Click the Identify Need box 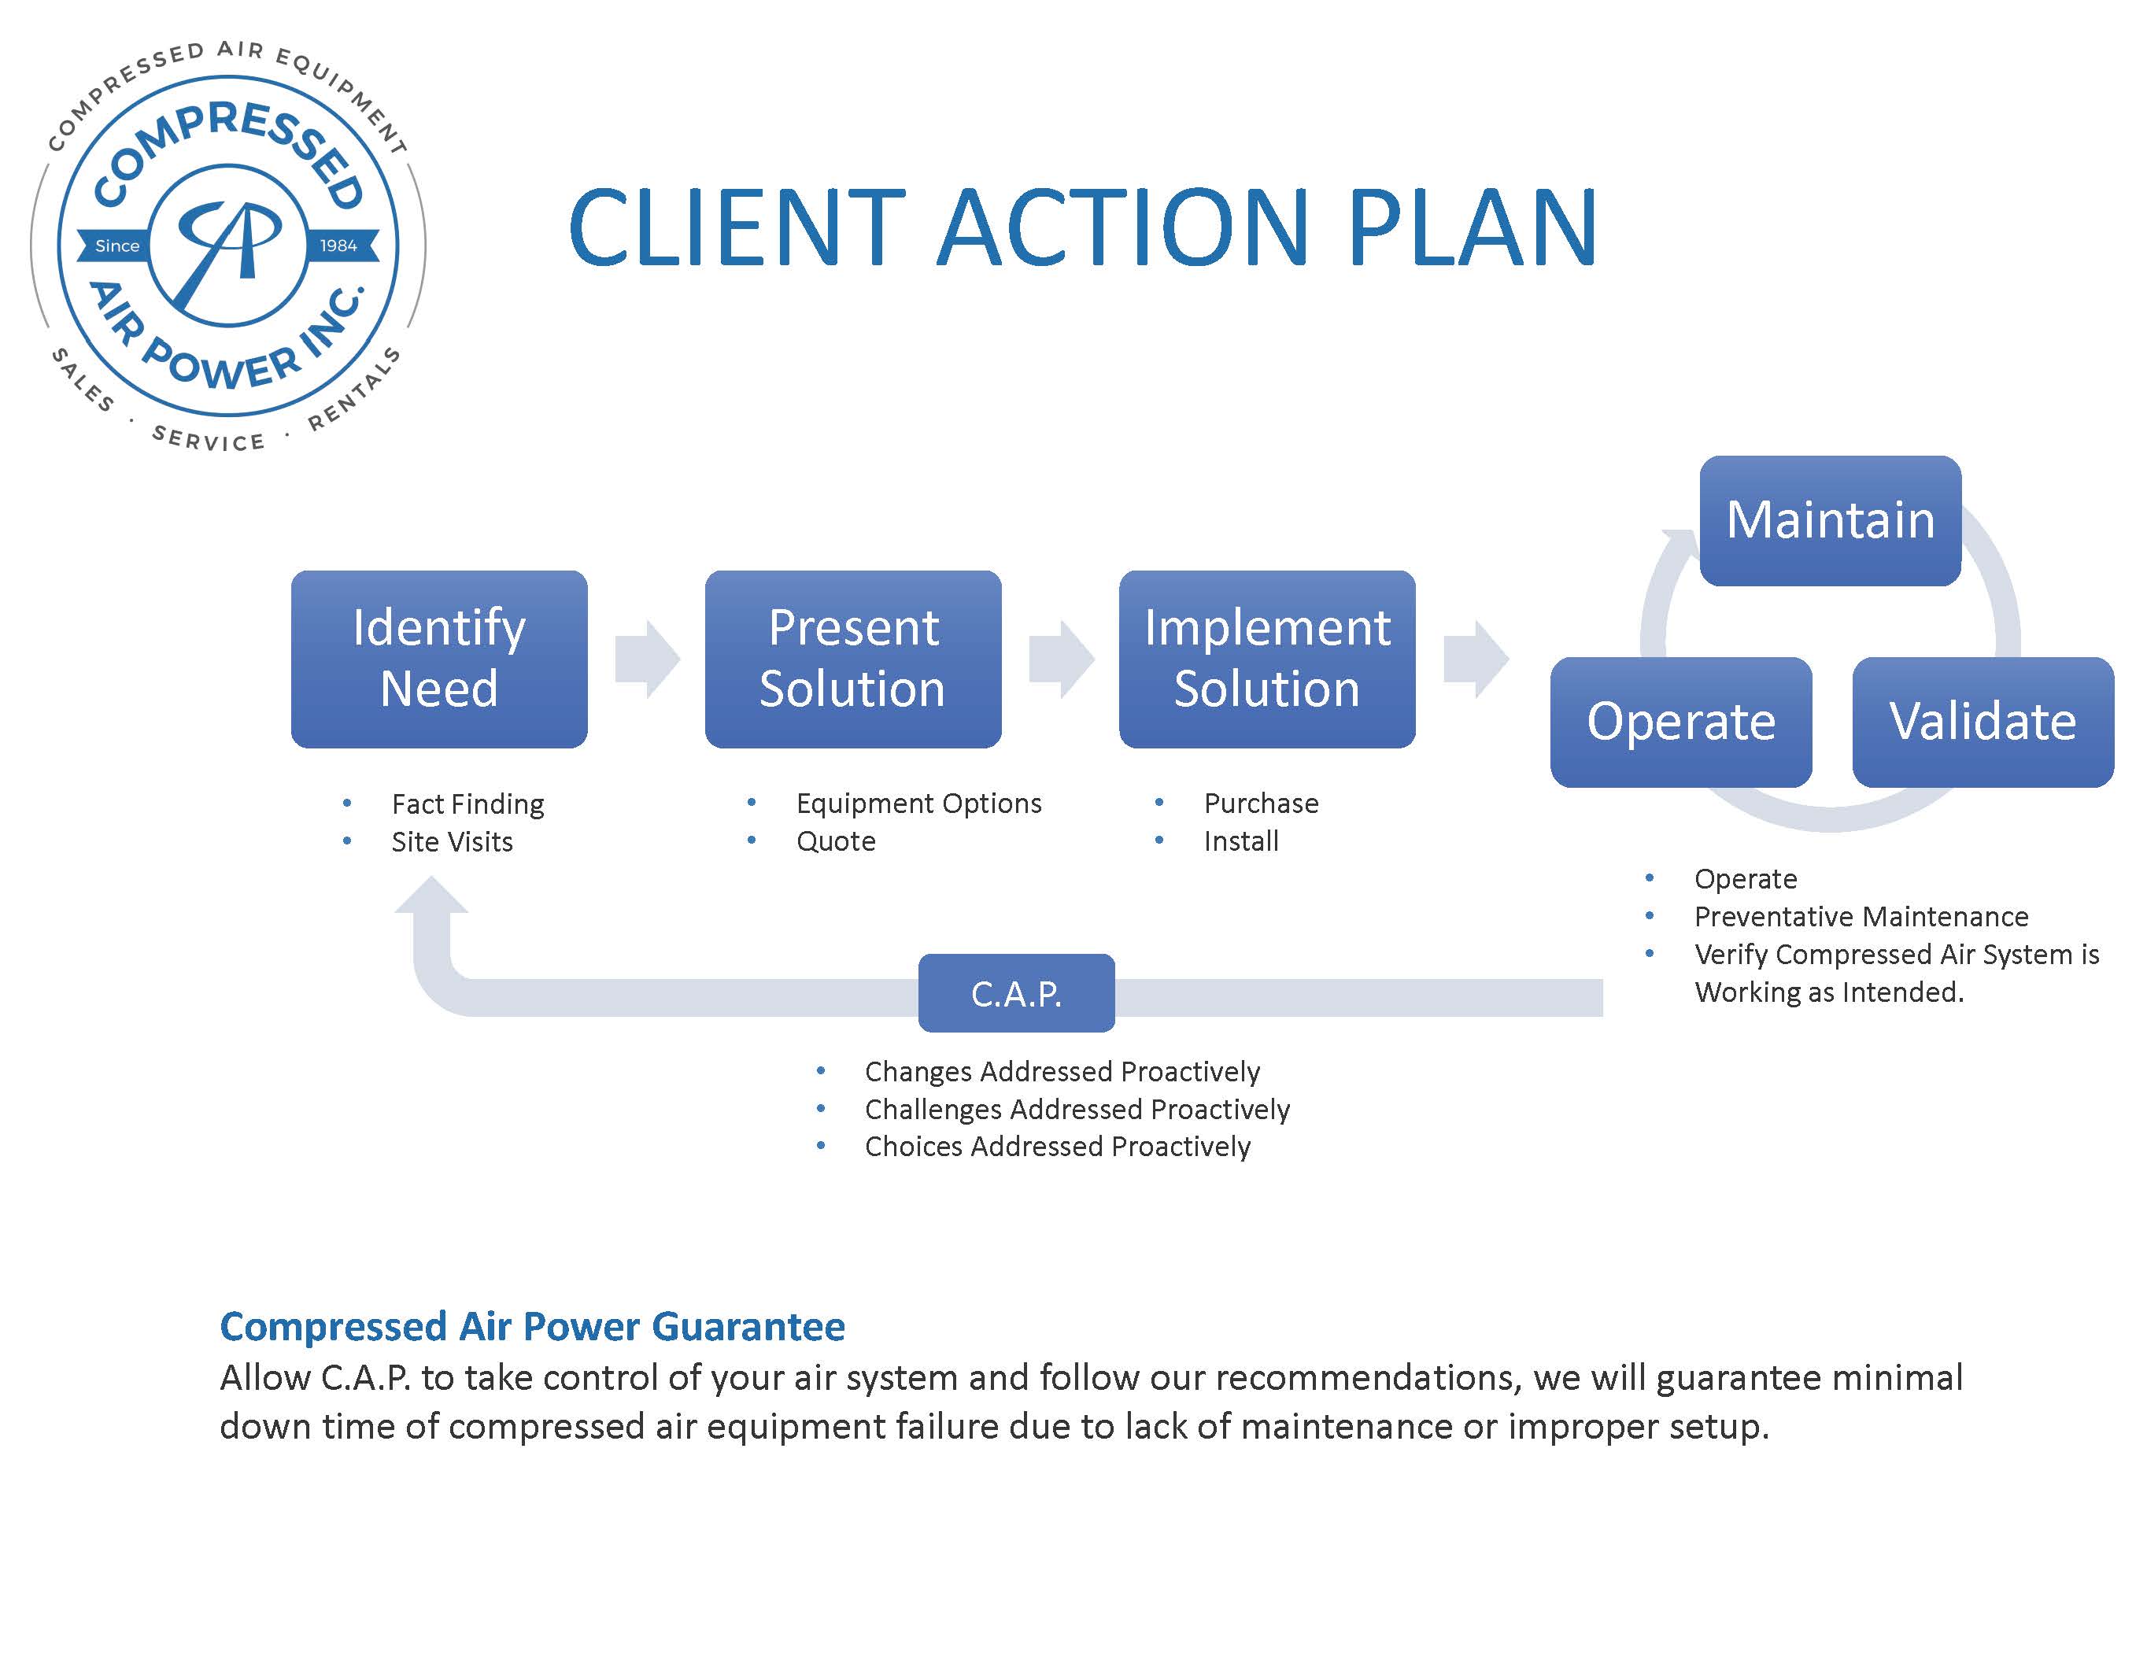(438, 659)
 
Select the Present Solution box (852, 659)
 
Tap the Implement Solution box (1266, 659)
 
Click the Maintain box (1830, 520)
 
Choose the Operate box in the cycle (1680, 722)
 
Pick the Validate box (1982, 722)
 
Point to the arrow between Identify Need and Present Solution (647, 659)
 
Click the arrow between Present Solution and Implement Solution (1061, 659)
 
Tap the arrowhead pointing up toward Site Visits (431, 896)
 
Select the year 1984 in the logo (338, 246)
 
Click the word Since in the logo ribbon (117, 246)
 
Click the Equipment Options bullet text (918, 803)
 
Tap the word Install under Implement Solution (1240, 841)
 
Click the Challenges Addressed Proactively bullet (1077, 1110)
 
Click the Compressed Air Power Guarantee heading (532, 1326)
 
